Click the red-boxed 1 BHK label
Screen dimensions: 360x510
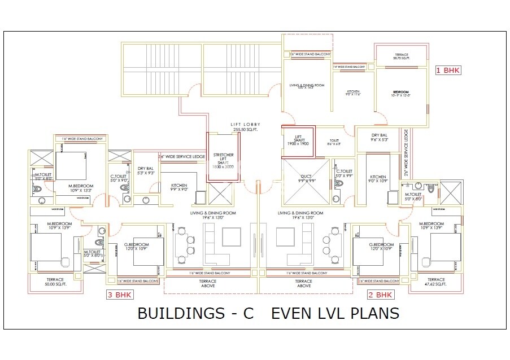click(x=448, y=71)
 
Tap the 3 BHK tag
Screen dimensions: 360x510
click(x=120, y=295)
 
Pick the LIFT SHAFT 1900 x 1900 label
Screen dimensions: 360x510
click(x=297, y=140)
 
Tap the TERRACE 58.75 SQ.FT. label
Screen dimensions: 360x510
click(x=400, y=57)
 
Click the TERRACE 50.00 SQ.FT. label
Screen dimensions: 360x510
click(x=55, y=282)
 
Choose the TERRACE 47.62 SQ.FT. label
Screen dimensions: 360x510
click(x=436, y=282)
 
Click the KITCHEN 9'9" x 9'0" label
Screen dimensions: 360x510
click(x=179, y=187)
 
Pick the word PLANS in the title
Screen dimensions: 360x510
click(x=374, y=314)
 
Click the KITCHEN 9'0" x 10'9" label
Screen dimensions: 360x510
click(x=378, y=179)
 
